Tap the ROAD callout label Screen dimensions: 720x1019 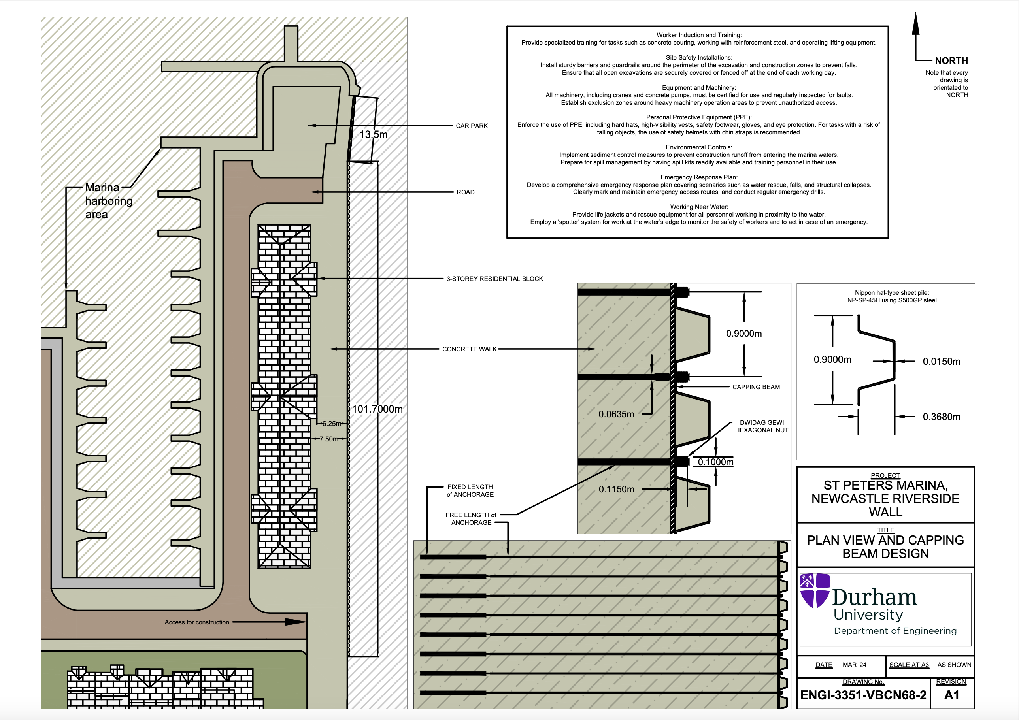465,192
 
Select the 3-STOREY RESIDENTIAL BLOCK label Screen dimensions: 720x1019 494,279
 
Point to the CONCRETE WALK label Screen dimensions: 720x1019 469,349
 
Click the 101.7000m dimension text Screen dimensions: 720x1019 377,409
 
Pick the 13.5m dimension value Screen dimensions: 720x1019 373,134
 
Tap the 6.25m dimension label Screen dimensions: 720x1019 331,424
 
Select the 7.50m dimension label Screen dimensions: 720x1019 328,439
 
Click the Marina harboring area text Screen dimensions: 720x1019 108,201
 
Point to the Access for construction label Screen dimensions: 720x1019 196,622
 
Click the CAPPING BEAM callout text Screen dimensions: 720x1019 756,387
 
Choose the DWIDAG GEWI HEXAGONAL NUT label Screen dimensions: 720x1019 762,426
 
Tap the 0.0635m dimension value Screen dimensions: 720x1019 616,415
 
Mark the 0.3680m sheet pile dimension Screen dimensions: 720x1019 942,417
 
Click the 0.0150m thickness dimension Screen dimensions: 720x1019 942,362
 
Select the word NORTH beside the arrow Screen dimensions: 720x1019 951,61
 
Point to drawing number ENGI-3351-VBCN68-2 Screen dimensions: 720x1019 863,695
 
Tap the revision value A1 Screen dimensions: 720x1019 951,695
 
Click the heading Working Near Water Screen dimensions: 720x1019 698,207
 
